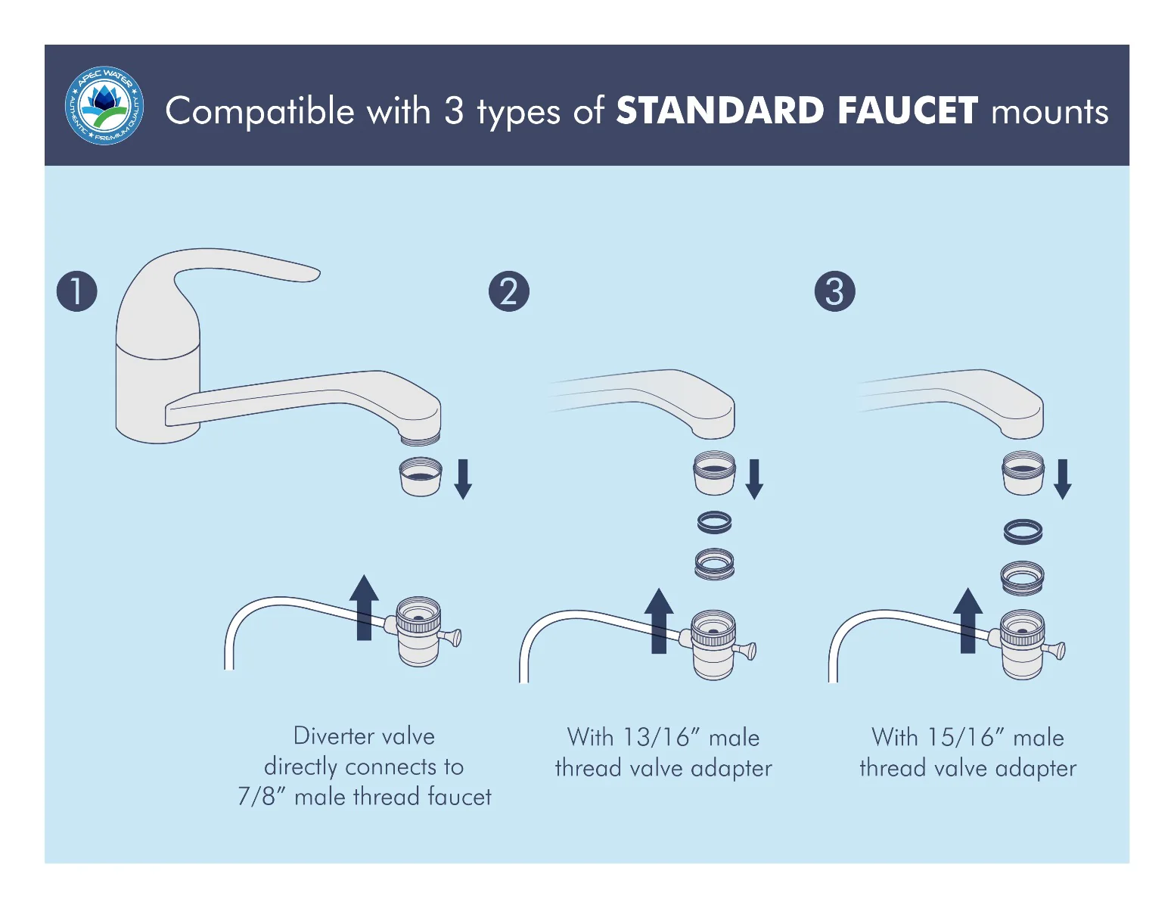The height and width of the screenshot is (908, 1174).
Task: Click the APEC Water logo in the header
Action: (x=104, y=105)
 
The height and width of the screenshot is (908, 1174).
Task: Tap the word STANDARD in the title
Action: (x=719, y=110)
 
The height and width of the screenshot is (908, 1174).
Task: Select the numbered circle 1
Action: (x=77, y=291)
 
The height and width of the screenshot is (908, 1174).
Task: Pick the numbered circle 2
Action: (x=509, y=291)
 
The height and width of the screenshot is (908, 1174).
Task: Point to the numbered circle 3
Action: (x=834, y=291)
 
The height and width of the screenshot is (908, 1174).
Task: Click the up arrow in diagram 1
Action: (x=364, y=607)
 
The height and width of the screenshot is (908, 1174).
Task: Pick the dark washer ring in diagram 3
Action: (x=1023, y=531)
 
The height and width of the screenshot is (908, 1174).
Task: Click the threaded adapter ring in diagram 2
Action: (x=715, y=564)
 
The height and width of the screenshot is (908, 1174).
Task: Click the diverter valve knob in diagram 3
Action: (x=1057, y=649)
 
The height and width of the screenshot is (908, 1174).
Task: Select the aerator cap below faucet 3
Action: (x=1023, y=473)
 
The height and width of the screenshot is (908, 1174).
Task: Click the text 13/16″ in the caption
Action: (x=657, y=737)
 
